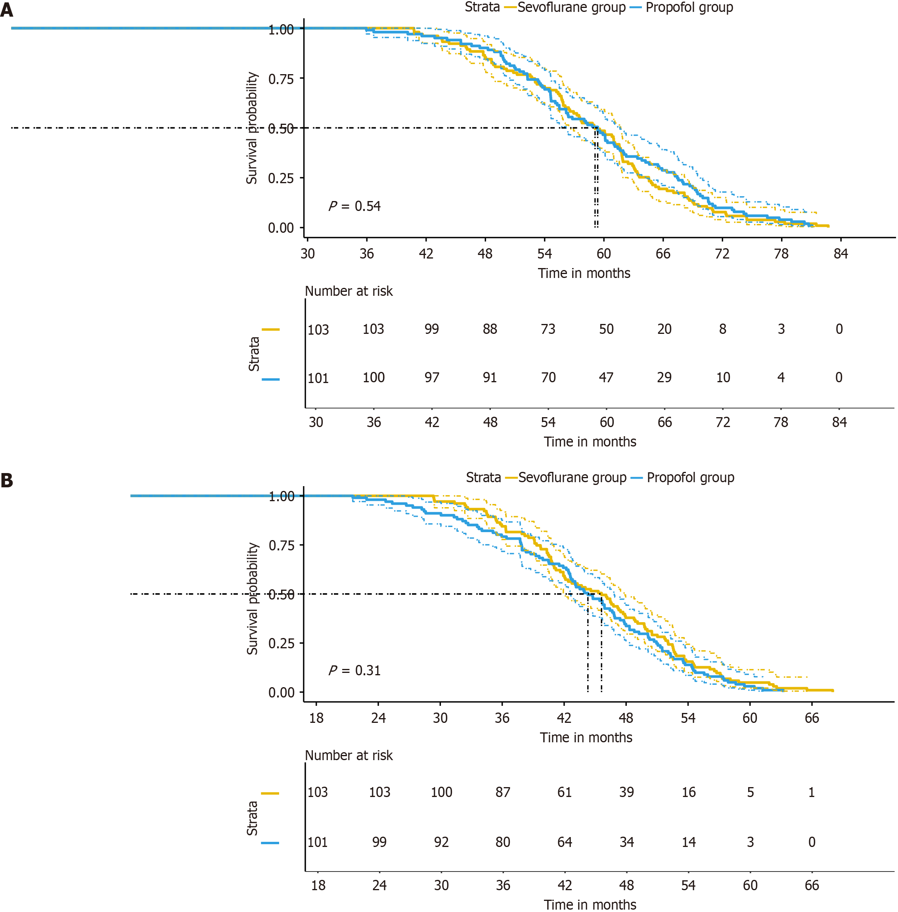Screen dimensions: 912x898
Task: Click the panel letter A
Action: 7,10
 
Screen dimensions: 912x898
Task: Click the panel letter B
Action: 7,480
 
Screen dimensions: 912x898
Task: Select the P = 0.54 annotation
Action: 355,206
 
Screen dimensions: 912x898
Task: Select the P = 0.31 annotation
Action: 355,671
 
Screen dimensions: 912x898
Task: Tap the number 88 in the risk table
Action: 490,330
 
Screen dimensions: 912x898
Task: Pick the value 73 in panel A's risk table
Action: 548,330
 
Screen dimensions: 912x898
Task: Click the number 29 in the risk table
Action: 664,377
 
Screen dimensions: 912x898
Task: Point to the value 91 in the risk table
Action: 490,377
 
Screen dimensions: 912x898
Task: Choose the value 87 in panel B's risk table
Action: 503,792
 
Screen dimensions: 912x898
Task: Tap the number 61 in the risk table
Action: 565,792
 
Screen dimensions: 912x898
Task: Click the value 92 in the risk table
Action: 441,842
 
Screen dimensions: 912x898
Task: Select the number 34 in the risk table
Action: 626,842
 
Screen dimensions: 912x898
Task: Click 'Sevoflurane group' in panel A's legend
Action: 571,8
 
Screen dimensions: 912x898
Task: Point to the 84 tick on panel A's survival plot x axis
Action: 841,254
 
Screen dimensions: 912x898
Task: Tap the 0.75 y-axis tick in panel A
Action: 281,79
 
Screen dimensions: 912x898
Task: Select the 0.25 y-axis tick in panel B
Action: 281,644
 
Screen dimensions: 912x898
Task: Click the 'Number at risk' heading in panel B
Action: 348,755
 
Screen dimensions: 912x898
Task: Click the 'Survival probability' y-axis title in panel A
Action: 252,128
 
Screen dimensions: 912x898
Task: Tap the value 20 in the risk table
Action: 664,330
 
